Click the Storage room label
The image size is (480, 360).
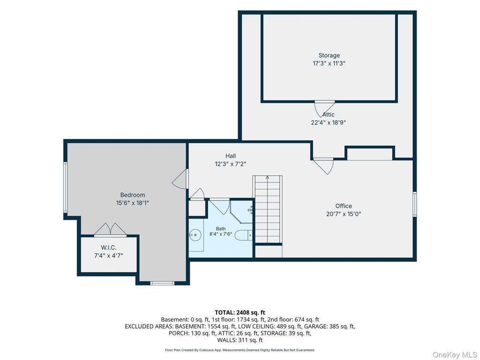tap(329, 55)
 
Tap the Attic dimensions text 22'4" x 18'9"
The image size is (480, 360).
tap(329, 122)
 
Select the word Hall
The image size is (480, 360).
tap(231, 156)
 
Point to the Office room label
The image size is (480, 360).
tap(344, 206)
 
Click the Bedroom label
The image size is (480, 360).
tap(133, 195)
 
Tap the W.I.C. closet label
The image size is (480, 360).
tap(109, 247)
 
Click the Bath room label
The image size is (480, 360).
tap(221, 229)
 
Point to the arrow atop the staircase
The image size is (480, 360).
tap(267, 177)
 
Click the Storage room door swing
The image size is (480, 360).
tap(324, 108)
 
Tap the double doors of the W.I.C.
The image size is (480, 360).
tap(110, 230)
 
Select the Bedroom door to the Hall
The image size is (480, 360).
tap(180, 179)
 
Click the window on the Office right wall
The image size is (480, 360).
tap(415, 204)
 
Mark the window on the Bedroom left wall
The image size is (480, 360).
tap(65, 187)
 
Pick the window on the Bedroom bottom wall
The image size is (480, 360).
tap(162, 283)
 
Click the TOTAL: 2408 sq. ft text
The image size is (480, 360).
tap(240, 313)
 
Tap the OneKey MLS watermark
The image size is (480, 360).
tap(455, 355)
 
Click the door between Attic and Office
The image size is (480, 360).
tap(323, 166)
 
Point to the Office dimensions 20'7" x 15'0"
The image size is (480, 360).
tap(344, 214)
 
